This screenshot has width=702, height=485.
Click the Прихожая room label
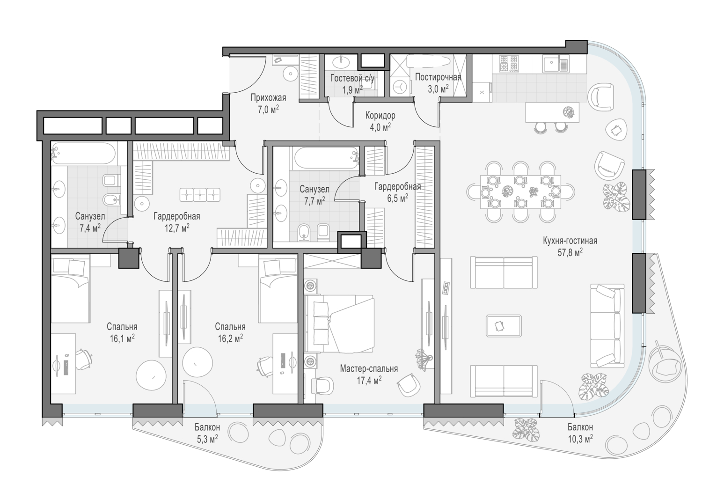[268, 97]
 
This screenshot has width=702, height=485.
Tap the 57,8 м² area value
[570, 252]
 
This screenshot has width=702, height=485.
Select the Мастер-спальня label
[369, 369]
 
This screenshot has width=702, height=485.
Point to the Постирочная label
[438, 77]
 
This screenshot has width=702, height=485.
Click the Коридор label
[380, 115]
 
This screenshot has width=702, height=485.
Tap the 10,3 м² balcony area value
[580, 439]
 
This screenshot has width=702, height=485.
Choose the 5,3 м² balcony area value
[207, 439]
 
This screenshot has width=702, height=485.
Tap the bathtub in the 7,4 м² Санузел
[83, 153]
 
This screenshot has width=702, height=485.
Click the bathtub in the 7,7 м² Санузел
[326, 158]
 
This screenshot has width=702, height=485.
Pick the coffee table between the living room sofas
[504, 326]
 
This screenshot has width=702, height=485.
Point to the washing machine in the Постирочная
[400, 86]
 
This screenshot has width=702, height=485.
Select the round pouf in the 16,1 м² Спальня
[151, 375]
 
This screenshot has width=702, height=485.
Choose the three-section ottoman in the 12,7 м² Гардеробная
[200, 195]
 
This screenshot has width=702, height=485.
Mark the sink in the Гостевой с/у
[341, 62]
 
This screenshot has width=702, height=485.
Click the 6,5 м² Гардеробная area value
[397, 198]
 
